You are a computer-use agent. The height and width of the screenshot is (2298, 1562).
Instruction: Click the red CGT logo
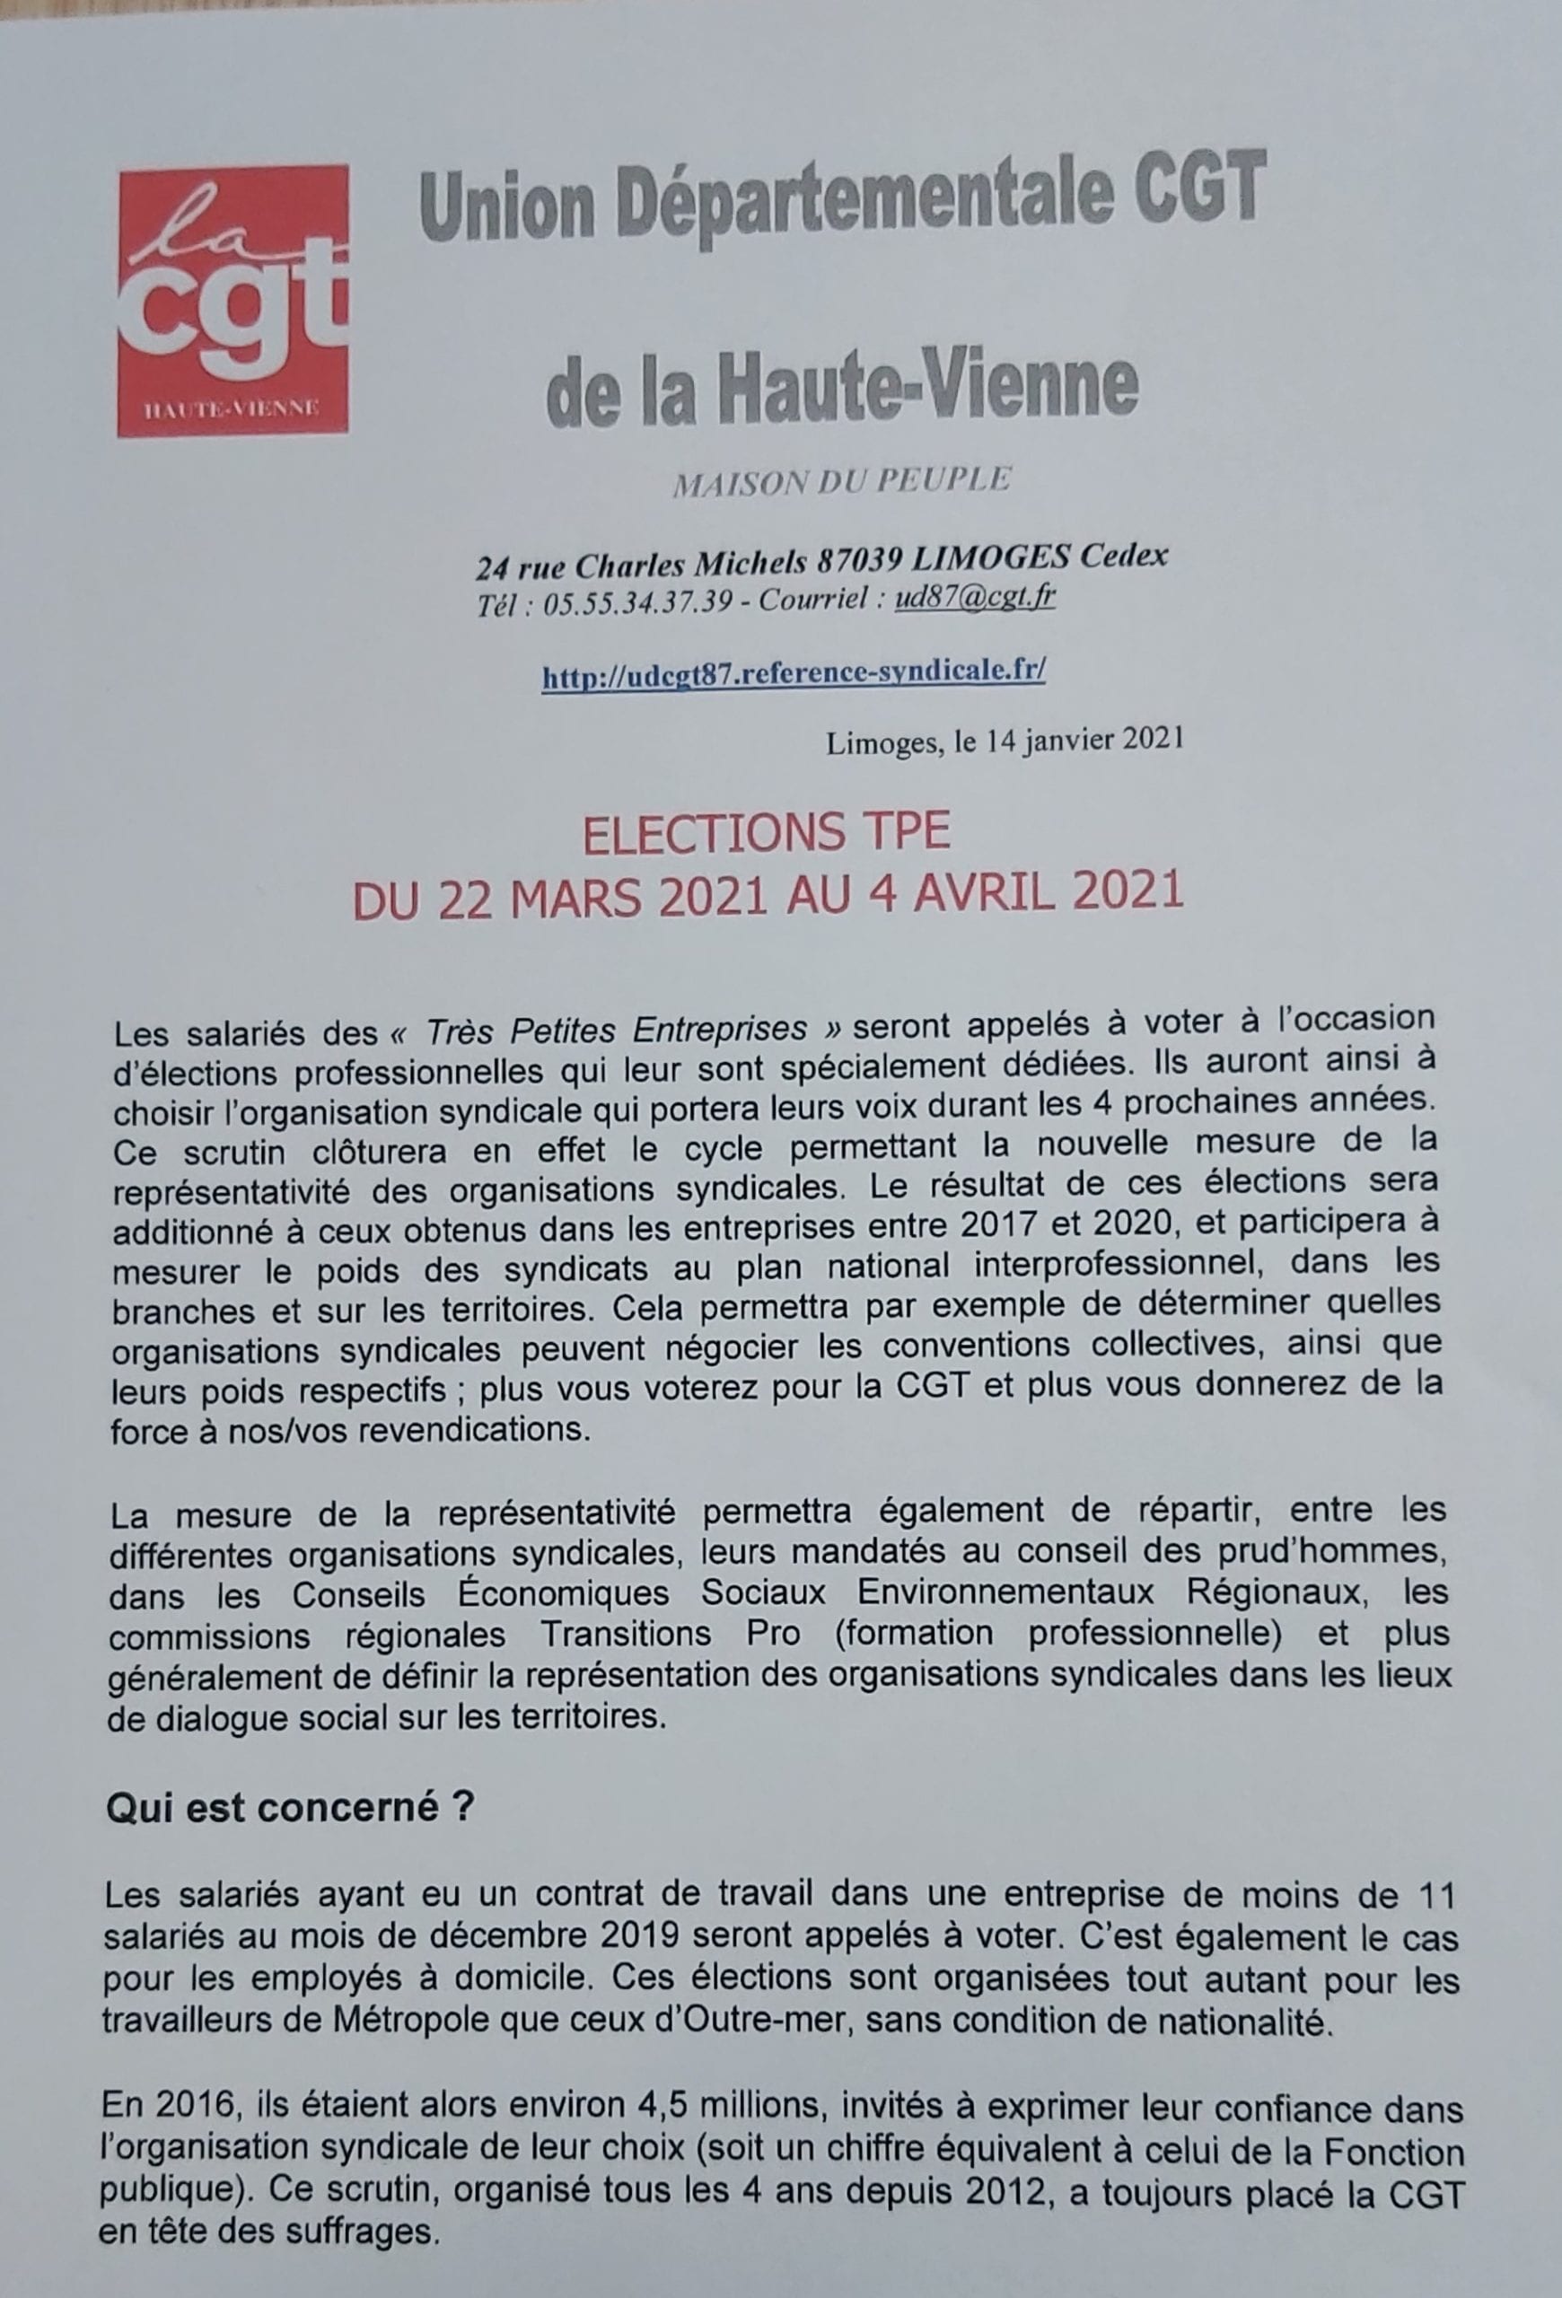tap(233, 300)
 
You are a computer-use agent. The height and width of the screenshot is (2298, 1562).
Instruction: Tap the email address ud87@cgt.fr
tap(974, 600)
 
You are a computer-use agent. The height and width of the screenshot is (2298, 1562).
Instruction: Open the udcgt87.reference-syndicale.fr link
tap(793, 672)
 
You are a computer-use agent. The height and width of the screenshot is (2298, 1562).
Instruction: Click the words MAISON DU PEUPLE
tap(840, 481)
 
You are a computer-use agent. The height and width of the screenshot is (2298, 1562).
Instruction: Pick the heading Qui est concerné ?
tap(289, 1810)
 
